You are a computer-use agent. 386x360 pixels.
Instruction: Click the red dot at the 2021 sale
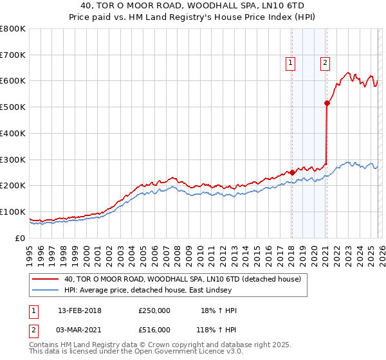pyautogui.click(x=327, y=102)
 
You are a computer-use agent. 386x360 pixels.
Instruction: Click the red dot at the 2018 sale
pyautogui.click(x=292, y=172)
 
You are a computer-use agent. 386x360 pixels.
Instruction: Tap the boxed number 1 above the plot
pyautogui.click(x=291, y=63)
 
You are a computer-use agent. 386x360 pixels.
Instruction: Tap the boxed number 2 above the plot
pyautogui.click(x=326, y=63)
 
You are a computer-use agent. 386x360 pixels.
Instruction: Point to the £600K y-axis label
pyautogui.click(x=13, y=81)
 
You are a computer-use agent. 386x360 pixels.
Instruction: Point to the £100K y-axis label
pyautogui.click(x=13, y=212)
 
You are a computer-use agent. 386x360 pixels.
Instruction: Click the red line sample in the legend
pyautogui.click(x=45, y=280)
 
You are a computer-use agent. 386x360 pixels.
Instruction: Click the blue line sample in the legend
pyautogui.click(x=45, y=291)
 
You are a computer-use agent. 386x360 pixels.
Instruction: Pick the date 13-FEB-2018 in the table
pyautogui.click(x=80, y=310)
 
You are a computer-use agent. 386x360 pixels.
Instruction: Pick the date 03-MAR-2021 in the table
pyautogui.click(x=80, y=329)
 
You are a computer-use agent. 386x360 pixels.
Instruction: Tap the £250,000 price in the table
pyautogui.click(x=154, y=310)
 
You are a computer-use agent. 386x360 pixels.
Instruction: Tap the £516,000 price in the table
pyautogui.click(x=154, y=329)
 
